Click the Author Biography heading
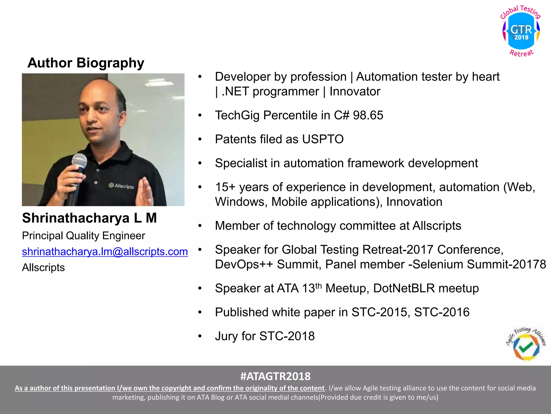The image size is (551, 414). tap(86, 63)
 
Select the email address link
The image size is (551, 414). tap(105, 251)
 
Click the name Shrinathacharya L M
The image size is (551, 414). tap(89, 218)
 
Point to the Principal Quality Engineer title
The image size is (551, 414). tap(83, 236)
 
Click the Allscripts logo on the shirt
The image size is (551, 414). tap(121, 186)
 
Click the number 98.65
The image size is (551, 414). tap(368, 115)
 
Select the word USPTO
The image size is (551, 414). tap(323, 139)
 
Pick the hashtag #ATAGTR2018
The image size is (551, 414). tap(275, 376)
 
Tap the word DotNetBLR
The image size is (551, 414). tap(404, 288)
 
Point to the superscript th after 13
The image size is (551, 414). tap(319, 285)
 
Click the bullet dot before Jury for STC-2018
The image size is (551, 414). tap(200, 336)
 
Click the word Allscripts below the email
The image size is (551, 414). tap(43, 267)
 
